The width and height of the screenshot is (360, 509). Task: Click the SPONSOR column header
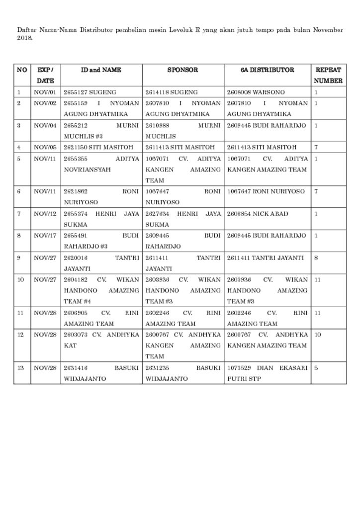click(x=182, y=70)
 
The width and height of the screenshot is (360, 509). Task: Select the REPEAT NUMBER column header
click(x=328, y=75)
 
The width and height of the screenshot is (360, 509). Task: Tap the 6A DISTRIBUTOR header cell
click(x=267, y=70)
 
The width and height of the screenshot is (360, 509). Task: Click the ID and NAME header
click(x=101, y=70)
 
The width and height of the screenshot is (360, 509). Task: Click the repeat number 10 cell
click(x=318, y=335)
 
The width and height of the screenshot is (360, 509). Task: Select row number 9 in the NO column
click(x=19, y=258)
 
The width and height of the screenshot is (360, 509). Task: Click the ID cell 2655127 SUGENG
click(x=90, y=92)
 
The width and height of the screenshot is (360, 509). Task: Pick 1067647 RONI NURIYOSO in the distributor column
click(x=266, y=191)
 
